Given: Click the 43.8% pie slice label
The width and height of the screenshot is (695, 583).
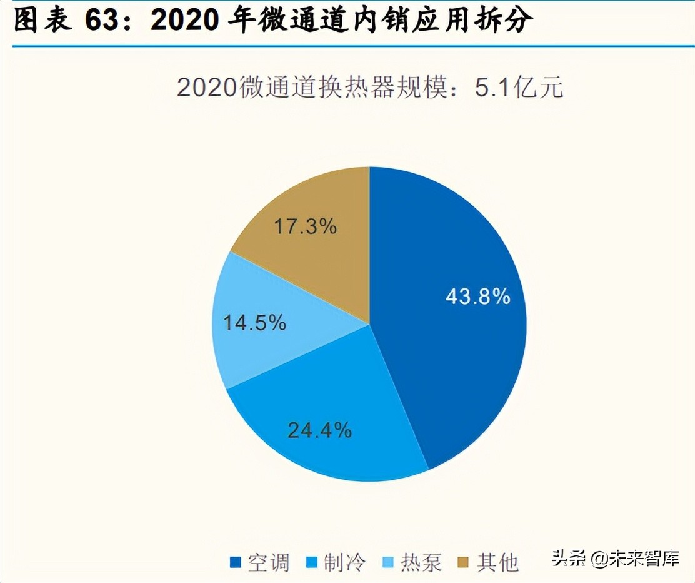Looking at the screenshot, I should pos(477,296).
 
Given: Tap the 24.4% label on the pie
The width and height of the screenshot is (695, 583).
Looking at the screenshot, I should pos(319,430).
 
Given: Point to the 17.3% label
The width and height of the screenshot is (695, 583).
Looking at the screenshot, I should pos(305,226).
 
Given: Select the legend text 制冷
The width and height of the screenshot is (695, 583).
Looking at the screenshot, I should pos(345,562).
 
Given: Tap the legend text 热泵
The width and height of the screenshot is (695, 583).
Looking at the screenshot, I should pos(421,562).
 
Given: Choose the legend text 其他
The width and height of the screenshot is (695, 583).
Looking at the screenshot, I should pos(498,562).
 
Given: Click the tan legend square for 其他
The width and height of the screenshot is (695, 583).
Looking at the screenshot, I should pos(464,562).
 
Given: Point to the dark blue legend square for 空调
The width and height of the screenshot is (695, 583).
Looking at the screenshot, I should pos(235,562).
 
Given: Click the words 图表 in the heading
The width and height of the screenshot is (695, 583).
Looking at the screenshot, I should pos(42,21).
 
